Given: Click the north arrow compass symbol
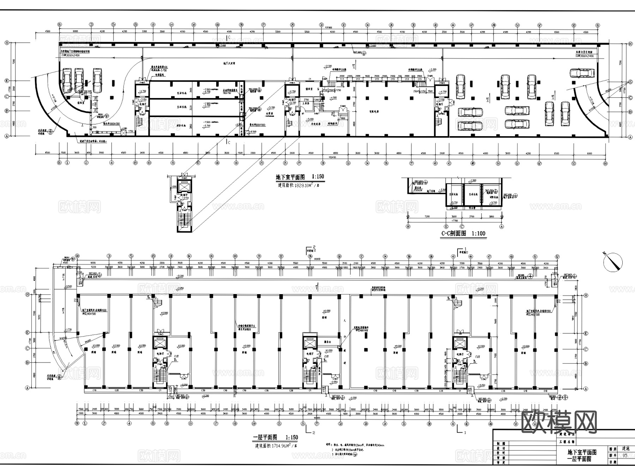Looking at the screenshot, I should (x=613, y=262).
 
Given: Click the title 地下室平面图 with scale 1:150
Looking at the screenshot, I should (x=300, y=177).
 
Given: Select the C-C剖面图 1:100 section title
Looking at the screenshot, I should (x=463, y=233).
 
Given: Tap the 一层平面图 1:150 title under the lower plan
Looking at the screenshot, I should (x=275, y=437).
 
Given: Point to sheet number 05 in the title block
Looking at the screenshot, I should (x=625, y=456).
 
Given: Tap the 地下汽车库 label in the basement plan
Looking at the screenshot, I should (x=230, y=63).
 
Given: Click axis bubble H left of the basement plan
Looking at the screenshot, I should (x=6, y=43).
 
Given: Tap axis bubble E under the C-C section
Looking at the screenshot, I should (x=446, y=226).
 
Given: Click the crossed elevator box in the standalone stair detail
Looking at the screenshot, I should (x=183, y=187).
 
